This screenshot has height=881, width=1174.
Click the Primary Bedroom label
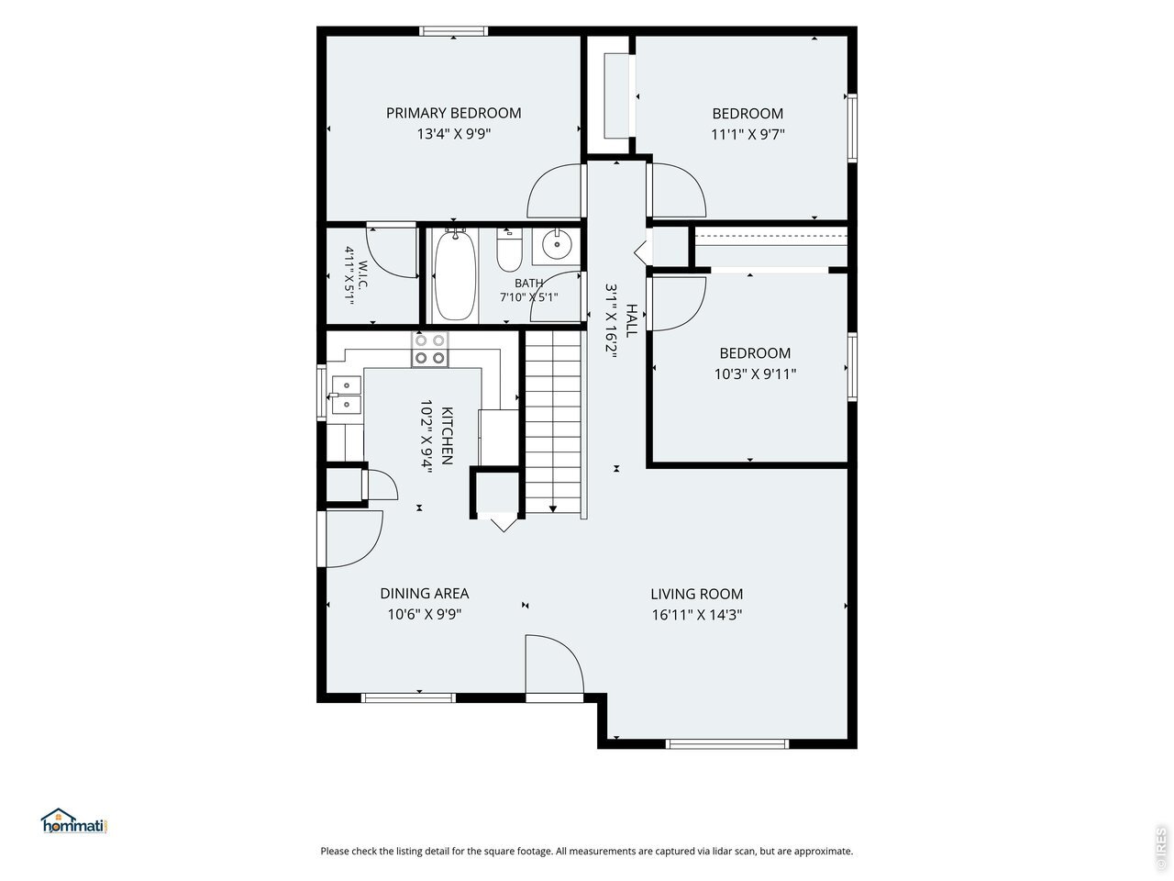[x=454, y=113]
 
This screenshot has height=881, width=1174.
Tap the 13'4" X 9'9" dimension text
[x=454, y=133]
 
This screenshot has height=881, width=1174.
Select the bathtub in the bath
[x=455, y=274]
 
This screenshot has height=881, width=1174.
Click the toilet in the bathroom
[x=509, y=251]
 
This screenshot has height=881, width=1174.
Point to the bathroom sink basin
[x=557, y=244]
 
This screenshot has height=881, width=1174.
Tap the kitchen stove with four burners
[x=430, y=349]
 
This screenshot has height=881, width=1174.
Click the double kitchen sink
[x=346, y=395]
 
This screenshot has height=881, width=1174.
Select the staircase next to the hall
[x=553, y=424]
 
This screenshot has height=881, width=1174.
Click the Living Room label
[x=696, y=594]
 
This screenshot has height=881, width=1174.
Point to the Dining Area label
[x=424, y=593]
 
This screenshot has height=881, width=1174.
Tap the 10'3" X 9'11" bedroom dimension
[x=755, y=374]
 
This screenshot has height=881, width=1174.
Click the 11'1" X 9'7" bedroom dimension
[x=748, y=134]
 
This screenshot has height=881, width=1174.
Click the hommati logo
[x=74, y=820]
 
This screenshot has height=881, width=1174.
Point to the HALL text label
[x=632, y=320]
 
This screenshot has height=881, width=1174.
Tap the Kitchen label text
[x=448, y=435]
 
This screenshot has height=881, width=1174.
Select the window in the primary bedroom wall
[x=454, y=31]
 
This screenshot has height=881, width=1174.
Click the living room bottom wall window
[x=727, y=743]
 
